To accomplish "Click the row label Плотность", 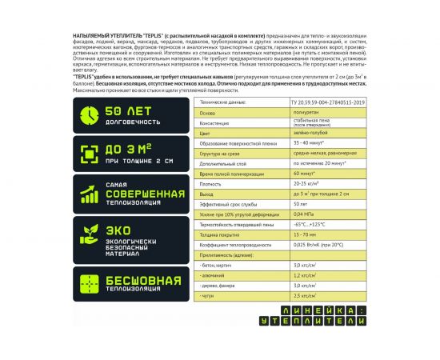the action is coord(210,183).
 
